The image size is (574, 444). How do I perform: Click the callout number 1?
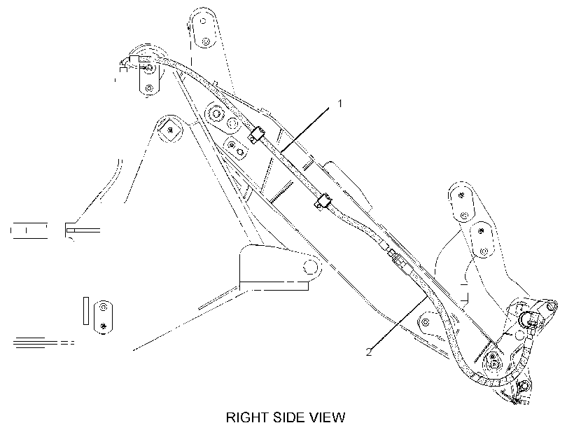click(x=339, y=104)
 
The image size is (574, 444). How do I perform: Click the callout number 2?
click(x=369, y=352)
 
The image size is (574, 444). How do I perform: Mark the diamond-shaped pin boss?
click(x=170, y=130)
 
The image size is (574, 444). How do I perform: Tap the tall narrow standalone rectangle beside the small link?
click(x=86, y=311)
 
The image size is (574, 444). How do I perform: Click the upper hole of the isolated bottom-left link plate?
click(x=103, y=306)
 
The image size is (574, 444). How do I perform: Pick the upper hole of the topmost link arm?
click(x=203, y=21)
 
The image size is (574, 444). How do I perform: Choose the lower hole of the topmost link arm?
click(x=205, y=42)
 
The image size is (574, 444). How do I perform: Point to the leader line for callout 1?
click(x=304, y=128)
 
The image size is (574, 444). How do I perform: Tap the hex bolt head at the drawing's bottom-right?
click(x=524, y=385)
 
